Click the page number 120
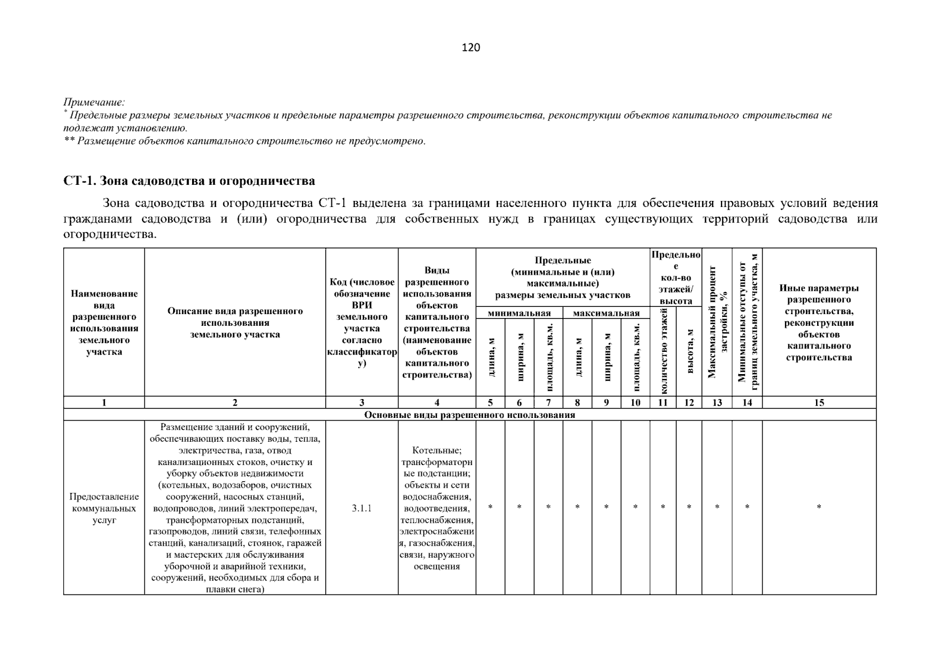coord(471,48)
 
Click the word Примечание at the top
coord(94,102)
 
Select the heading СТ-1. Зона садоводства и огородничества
coord(189,181)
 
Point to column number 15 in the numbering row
coord(819,403)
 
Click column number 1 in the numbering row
coord(104,403)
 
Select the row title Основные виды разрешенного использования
coord(469,415)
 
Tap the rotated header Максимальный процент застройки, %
coord(717,322)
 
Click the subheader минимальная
coord(519,314)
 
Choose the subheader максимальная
coord(606,314)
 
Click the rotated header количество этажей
coord(663,352)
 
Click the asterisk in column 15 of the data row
coord(819,507)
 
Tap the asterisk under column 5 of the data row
coord(490,507)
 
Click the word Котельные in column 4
coord(437,450)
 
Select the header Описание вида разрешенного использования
coord(235,322)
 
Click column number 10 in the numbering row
coord(636,403)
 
